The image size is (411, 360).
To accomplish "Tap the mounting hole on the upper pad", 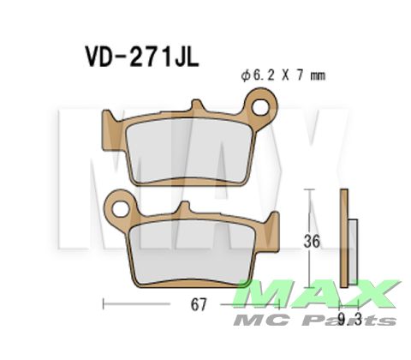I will tap(262, 109).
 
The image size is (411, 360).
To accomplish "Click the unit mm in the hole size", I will tap(318, 76).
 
